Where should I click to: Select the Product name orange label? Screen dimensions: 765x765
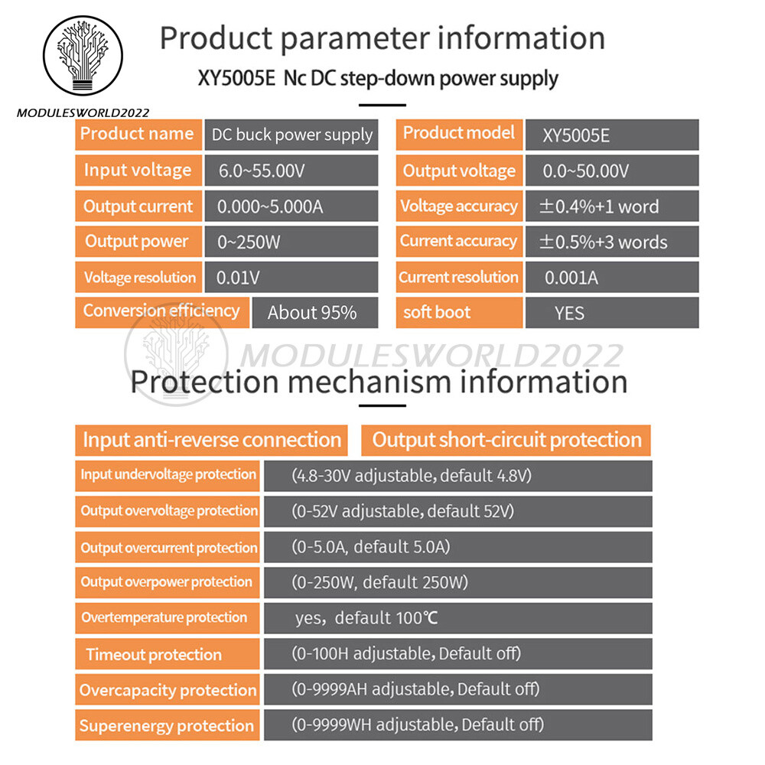[138, 134]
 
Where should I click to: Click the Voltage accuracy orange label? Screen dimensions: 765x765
[459, 207]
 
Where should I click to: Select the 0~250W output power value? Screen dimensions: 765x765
[249, 243]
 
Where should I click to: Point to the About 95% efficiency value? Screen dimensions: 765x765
[312, 313]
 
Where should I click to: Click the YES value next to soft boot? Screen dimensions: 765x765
[569, 313]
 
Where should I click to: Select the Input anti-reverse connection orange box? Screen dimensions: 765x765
[211, 440]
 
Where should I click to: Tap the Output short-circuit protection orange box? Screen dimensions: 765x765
[506, 440]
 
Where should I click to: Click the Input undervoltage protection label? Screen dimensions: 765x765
[168, 475]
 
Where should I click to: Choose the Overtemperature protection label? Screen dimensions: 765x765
[164, 617]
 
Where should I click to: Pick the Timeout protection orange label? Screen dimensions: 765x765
[154, 655]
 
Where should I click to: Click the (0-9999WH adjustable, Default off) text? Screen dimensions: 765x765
[418, 724]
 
